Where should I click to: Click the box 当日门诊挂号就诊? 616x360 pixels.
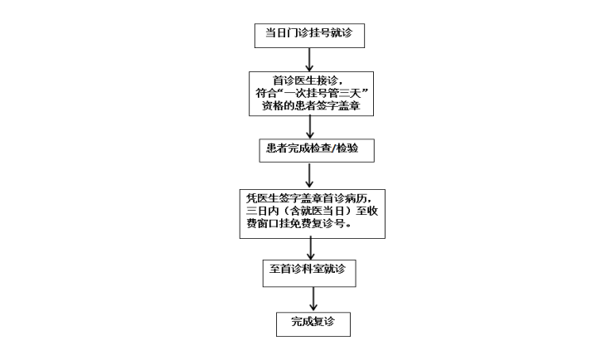tap(308, 34)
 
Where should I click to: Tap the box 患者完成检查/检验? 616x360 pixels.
tap(308, 150)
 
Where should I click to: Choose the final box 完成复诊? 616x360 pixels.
tap(308, 322)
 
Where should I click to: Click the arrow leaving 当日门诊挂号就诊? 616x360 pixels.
tap(308, 59)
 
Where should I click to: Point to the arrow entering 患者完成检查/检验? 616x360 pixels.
tap(308, 126)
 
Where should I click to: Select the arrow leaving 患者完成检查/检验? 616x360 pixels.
tap(308, 175)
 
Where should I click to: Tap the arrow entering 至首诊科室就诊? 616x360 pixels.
tap(308, 248)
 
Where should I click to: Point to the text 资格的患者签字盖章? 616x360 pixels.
tap(308, 108)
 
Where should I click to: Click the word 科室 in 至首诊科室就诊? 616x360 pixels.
tap(314, 270)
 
